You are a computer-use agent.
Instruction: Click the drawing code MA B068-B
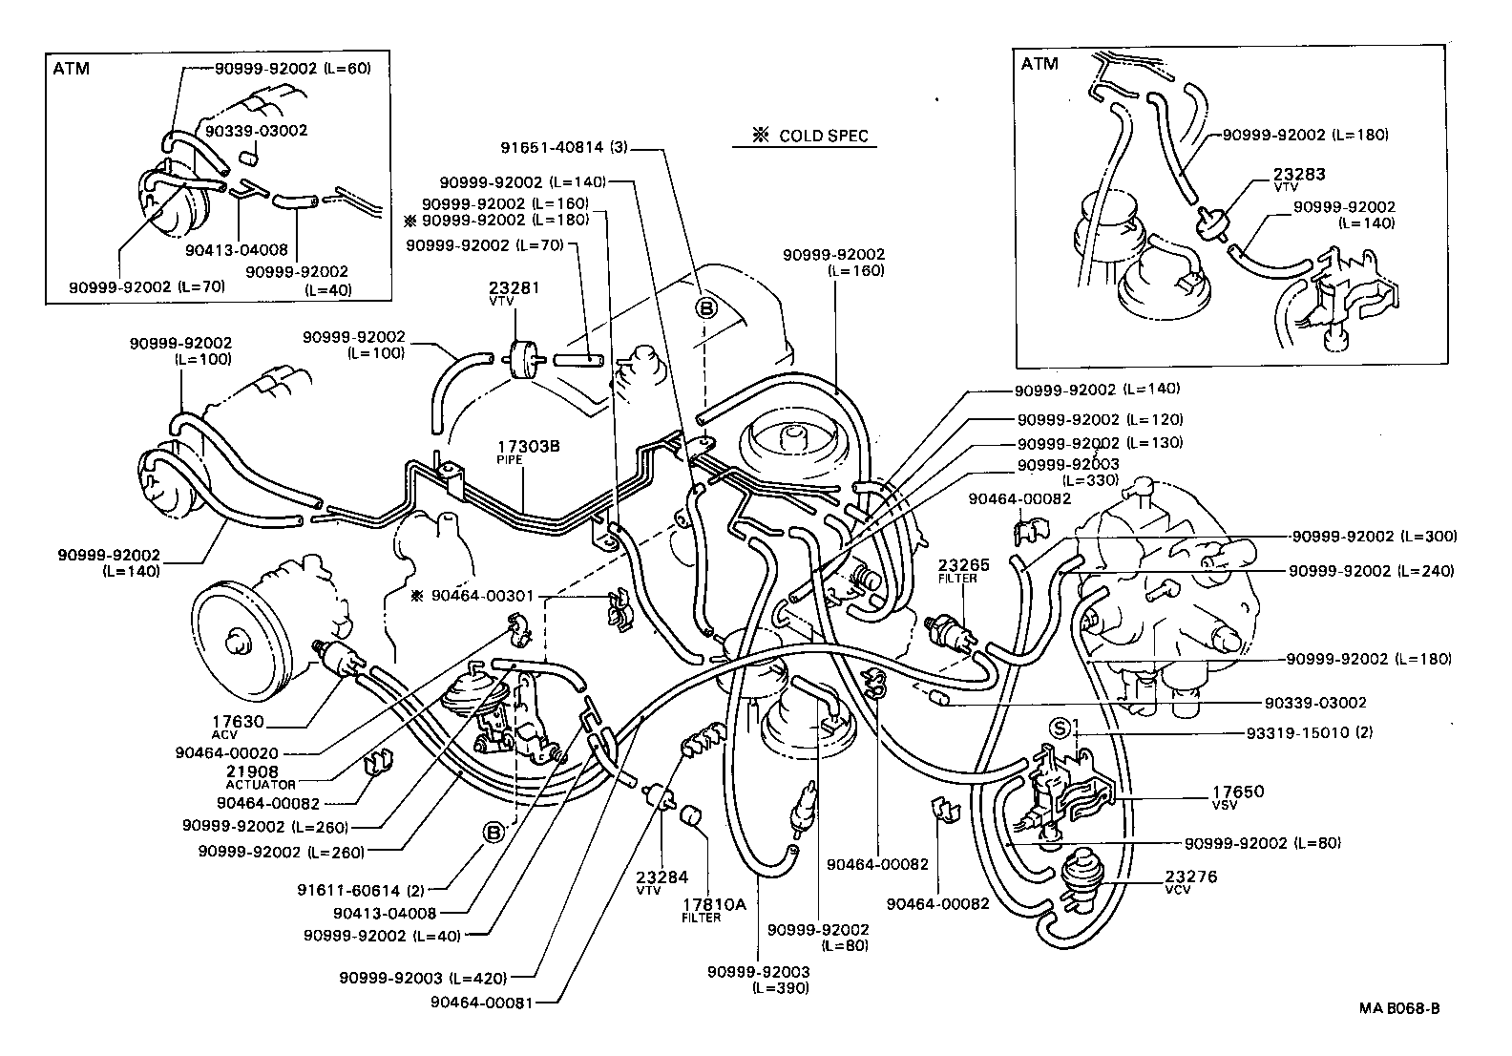point(1400,1008)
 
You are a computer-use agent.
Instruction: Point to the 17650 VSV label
point(1238,795)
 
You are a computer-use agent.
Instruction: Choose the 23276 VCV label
point(1190,880)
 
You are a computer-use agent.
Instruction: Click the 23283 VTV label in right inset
point(1299,179)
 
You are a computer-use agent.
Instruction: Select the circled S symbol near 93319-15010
point(1059,729)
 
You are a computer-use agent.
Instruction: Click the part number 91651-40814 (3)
point(564,148)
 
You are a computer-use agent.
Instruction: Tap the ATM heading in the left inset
point(72,69)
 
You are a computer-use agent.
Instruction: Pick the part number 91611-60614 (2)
point(362,891)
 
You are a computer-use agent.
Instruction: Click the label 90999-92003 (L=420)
point(423,977)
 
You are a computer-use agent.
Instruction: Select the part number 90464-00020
point(227,752)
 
